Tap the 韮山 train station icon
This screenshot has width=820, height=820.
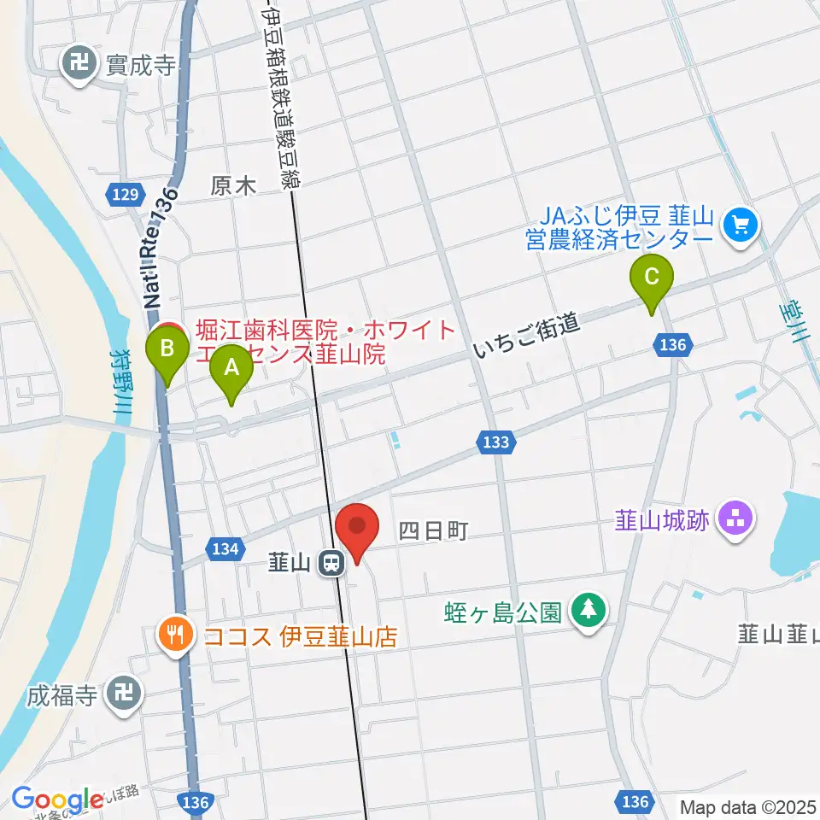(x=331, y=562)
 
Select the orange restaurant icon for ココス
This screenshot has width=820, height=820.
(x=176, y=635)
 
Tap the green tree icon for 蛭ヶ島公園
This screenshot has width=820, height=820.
(x=589, y=612)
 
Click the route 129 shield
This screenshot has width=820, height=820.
(x=126, y=196)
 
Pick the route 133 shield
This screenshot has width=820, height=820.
(x=495, y=442)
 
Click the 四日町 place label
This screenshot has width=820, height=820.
(x=433, y=531)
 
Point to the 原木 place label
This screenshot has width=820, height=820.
(x=233, y=186)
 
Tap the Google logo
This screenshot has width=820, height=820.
(x=57, y=800)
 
